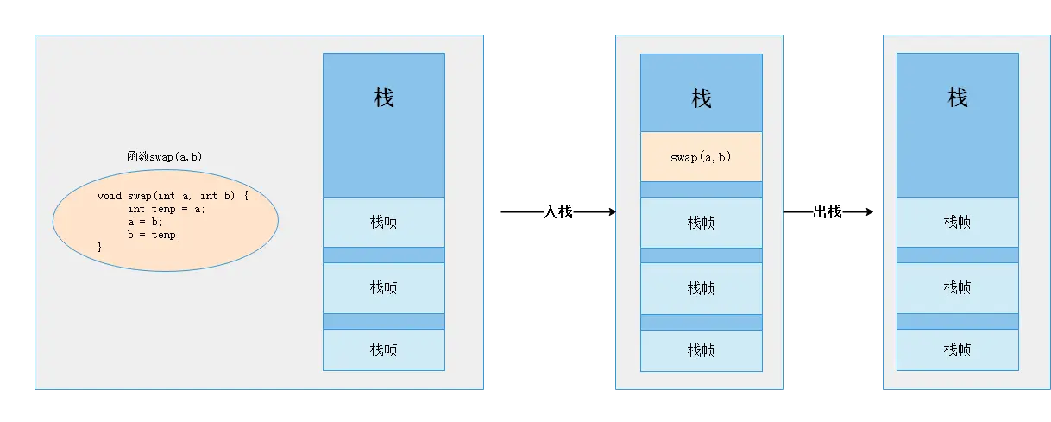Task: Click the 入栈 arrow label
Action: pyautogui.click(x=557, y=211)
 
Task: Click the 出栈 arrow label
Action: pyautogui.click(x=827, y=211)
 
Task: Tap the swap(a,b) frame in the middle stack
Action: pyautogui.click(x=701, y=157)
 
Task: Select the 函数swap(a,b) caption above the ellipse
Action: pyautogui.click(x=164, y=156)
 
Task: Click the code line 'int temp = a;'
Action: pyautogui.click(x=167, y=208)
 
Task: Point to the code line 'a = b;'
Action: pyautogui.click(x=144, y=221)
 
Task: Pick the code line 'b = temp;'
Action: pyautogui.click(x=154, y=234)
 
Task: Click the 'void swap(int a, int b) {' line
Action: pyautogui.click(x=173, y=195)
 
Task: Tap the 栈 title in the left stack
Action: pyautogui.click(x=384, y=98)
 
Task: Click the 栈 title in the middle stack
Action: pyautogui.click(x=701, y=99)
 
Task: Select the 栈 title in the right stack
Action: pyautogui.click(x=957, y=98)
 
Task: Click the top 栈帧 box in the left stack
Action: pyautogui.click(x=384, y=222)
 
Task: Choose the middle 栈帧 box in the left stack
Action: pyautogui.click(x=384, y=287)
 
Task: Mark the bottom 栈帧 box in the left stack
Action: pyautogui.click(x=384, y=350)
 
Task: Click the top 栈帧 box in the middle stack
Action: pyautogui.click(x=701, y=222)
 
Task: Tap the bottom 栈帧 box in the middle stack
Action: pyautogui.click(x=701, y=350)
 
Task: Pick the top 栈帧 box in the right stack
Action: pyautogui.click(x=957, y=222)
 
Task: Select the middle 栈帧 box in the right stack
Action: pyautogui.click(x=957, y=287)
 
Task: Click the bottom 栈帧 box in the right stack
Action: pyautogui.click(x=957, y=350)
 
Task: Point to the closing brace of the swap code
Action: pyautogui.click(x=100, y=247)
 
